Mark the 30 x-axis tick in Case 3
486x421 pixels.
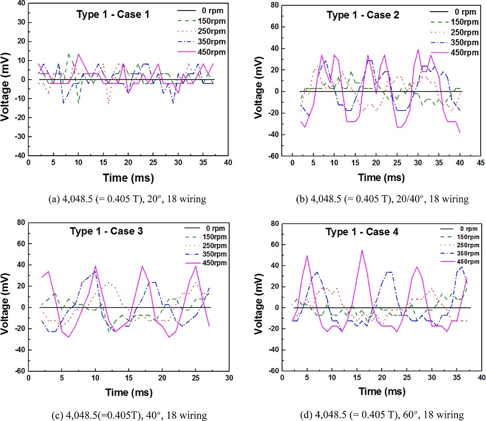pyautogui.click(x=228, y=379)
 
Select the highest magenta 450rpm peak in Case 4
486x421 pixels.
pyautogui.click(x=362, y=250)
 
